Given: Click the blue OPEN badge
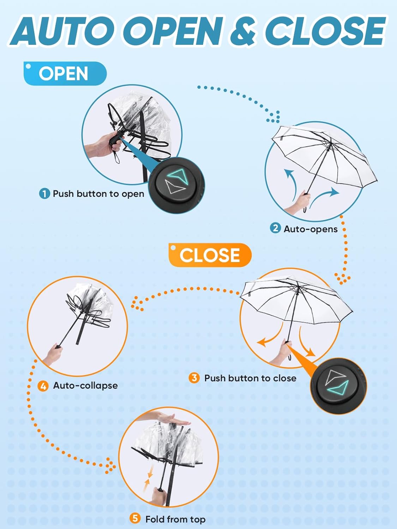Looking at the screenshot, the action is [x=65, y=73].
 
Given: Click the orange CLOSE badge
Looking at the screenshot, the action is [x=210, y=255].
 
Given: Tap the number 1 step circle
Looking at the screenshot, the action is [x=44, y=194].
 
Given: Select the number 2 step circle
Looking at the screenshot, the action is [x=275, y=228].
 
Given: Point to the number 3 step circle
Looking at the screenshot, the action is [x=194, y=378].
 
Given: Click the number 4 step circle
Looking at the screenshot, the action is [x=43, y=386].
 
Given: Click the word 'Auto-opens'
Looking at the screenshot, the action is [x=311, y=229].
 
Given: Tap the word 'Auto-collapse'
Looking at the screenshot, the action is [x=85, y=386].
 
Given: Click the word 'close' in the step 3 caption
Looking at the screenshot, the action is [x=284, y=378].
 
